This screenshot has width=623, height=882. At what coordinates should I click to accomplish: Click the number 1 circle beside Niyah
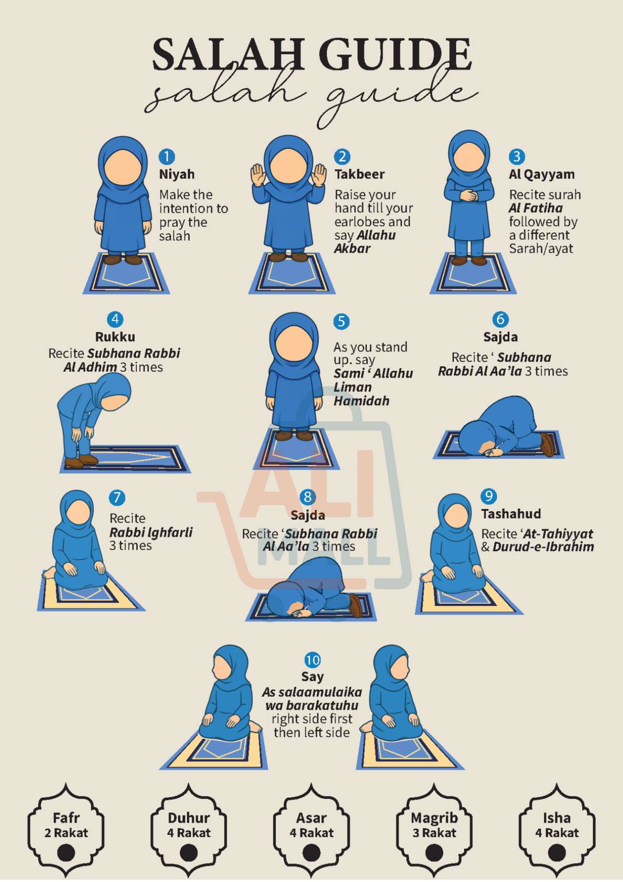pyautogui.click(x=166, y=156)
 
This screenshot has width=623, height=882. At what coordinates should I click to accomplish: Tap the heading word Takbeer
pyautogui.click(x=359, y=174)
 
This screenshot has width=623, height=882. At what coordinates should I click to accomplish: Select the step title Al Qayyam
pyautogui.click(x=541, y=174)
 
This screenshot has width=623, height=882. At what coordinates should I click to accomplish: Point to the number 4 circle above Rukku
pyautogui.click(x=115, y=319)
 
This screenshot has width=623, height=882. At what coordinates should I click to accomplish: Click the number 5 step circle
pyautogui.click(x=341, y=321)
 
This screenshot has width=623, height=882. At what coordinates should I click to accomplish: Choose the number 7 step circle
pyautogui.click(x=117, y=498)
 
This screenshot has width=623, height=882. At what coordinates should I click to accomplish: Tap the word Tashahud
pyautogui.click(x=511, y=514)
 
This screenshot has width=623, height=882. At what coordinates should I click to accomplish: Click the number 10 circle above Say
pyautogui.click(x=312, y=660)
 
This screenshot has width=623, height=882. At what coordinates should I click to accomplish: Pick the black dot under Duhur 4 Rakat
pyautogui.click(x=188, y=853)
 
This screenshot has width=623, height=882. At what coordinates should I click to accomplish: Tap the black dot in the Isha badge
pyautogui.click(x=557, y=853)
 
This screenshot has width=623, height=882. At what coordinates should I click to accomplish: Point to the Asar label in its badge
pyautogui.click(x=311, y=818)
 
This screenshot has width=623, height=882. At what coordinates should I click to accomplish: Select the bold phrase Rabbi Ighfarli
pyautogui.click(x=151, y=532)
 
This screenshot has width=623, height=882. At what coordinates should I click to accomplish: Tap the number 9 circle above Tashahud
pyautogui.click(x=488, y=496)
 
